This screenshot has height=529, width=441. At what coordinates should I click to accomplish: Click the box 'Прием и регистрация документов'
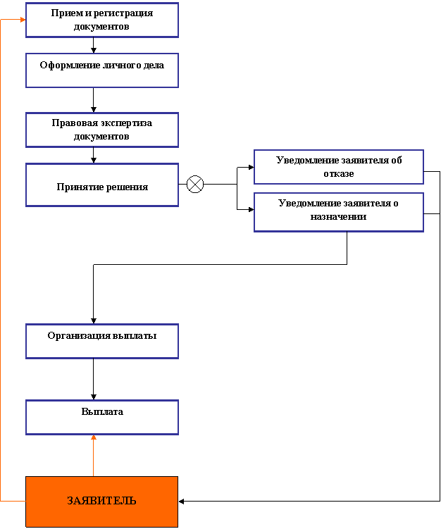point(102,20)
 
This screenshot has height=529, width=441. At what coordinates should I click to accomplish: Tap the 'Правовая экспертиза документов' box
point(102,130)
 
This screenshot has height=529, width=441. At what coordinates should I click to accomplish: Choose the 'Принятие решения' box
point(102,185)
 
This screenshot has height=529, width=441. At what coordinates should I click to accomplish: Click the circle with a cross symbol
point(195,185)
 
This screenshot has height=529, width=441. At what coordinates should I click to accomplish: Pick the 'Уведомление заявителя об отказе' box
point(338,167)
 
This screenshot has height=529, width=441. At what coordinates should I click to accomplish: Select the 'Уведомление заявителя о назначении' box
point(338,212)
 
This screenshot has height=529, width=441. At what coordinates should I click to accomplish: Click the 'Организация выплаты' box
point(102,341)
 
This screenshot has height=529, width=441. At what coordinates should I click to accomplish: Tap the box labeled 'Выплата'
point(102,417)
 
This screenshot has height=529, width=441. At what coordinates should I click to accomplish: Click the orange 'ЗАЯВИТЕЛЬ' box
point(102,502)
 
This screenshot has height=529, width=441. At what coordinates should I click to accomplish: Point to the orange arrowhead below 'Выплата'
point(94,438)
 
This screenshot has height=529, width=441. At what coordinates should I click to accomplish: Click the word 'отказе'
point(339,173)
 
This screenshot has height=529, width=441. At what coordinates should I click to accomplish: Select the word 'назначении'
point(338,217)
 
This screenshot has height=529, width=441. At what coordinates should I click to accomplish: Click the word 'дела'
point(153,65)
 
